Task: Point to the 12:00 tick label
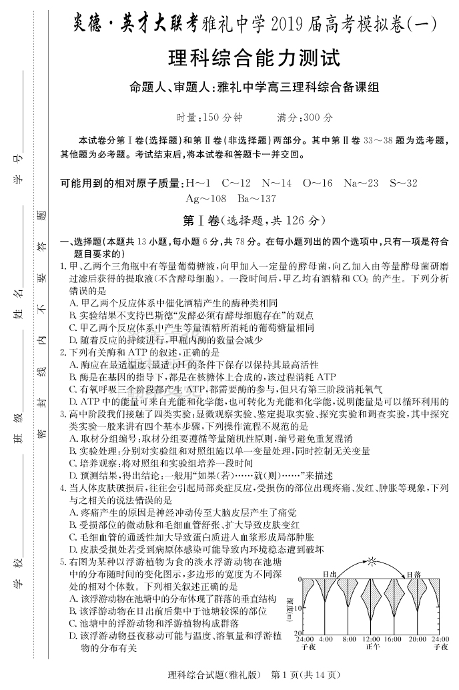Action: tap(371, 639)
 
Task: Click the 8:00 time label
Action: tap(349, 639)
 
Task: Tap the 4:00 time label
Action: tap(326, 639)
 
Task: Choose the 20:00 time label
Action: tap(416, 639)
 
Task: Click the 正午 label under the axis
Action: tap(371, 647)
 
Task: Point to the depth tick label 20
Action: tap(299, 632)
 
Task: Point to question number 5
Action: tap(63, 563)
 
